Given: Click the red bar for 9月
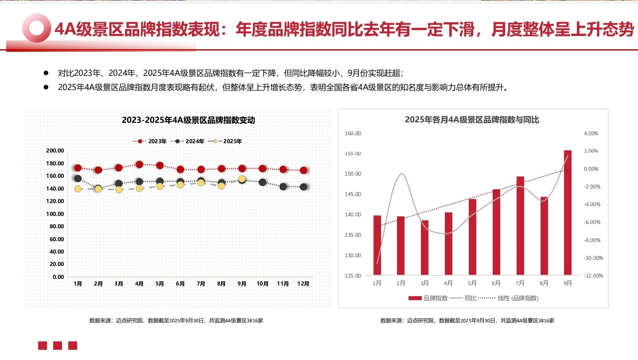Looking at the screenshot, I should (x=568, y=213).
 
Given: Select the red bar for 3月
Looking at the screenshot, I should (x=424, y=248).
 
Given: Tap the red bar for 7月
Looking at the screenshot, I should (x=520, y=226).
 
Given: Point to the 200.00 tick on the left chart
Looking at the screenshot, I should (x=55, y=151).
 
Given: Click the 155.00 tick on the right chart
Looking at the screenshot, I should (x=353, y=153).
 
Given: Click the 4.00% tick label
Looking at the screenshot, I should (x=591, y=133).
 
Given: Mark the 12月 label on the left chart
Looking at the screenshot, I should (x=303, y=284).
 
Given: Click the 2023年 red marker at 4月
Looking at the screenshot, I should (x=139, y=164).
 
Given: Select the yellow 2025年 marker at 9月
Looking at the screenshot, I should (x=242, y=179).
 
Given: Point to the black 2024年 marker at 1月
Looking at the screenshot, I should (x=78, y=179).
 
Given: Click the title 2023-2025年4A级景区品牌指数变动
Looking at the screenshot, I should (x=188, y=120).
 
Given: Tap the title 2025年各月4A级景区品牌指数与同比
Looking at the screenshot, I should (x=472, y=120).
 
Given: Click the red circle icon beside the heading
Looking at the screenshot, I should (x=36, y=28).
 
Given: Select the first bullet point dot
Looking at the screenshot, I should (x=46, y=73).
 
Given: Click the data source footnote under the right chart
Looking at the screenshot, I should (x=467, y=321).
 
